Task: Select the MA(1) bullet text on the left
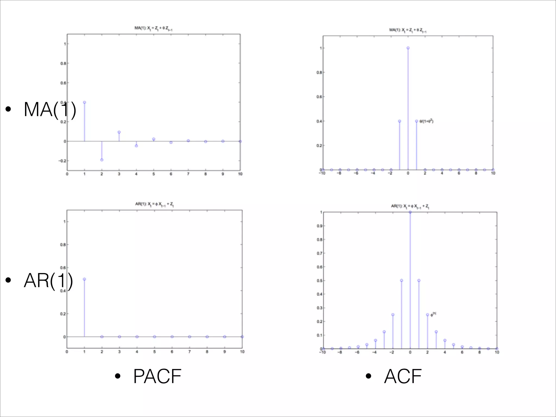tap(50, 110)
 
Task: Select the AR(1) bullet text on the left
tap(48, 280)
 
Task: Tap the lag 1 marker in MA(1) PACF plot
tap(84, 102)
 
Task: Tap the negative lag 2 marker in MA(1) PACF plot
tap(102, 160)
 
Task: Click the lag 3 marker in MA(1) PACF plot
tap(119, 132)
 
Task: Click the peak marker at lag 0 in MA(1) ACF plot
tap(408, 48)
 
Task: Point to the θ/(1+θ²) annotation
tap(426, 121)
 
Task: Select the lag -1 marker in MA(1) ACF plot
tap(399, 121)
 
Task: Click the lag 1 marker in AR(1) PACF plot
tap(84, 279)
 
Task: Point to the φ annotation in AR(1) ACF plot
tap(433, 314)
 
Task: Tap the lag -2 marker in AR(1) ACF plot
tap(393, 315)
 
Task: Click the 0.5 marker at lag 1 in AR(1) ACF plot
tap(419, 280)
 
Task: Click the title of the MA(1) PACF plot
tap(153, 28)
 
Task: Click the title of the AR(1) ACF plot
tap(410, 206)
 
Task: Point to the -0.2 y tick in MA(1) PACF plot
tap(62, 161)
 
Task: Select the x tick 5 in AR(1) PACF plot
tap(154, 352)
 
